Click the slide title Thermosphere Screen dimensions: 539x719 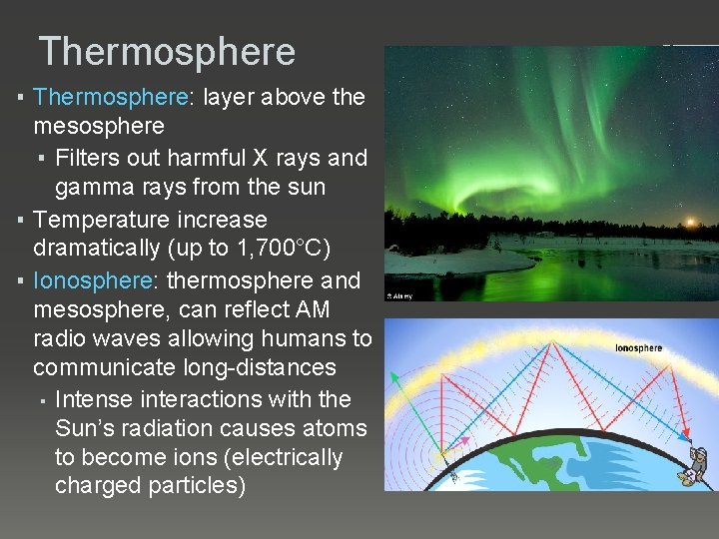pyautogui.click(x=167, y=52)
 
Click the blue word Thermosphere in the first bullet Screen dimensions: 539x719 pyautogui.click(x=111, y=98)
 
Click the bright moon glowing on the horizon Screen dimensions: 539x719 pyautogui.click(x=687, y=223)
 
